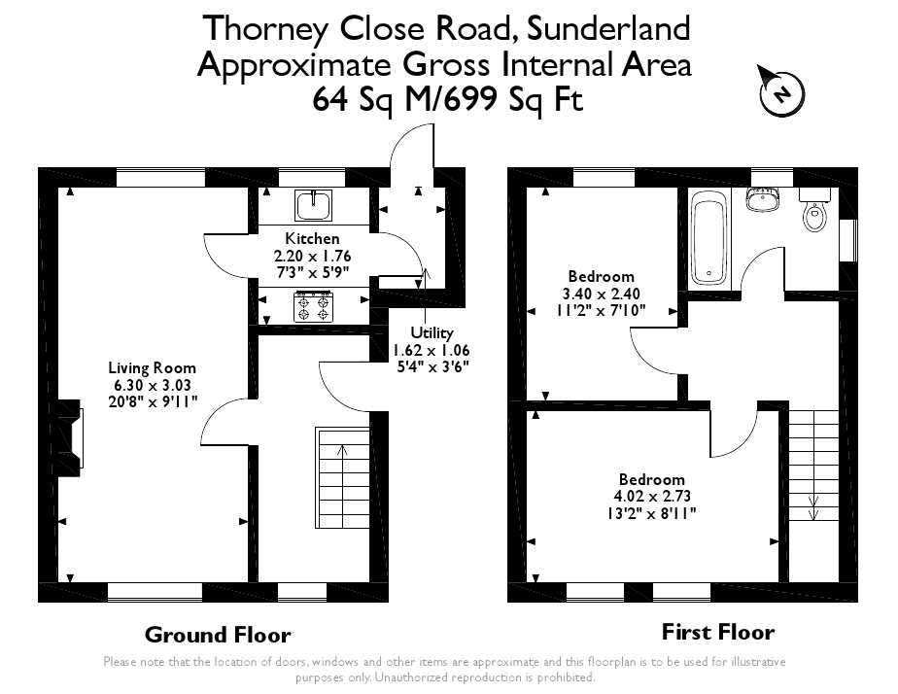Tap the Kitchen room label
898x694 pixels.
pyautogui.click(x=312, y=238)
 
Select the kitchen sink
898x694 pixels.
pyautogui.click(x=313, y=206)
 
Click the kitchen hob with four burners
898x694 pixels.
pyautogui.click(x=313, y=308)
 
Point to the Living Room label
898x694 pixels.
pyautogui.click(x=152, y=367)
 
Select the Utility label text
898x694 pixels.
pyautogui.click(x=432, y=332)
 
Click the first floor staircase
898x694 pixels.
pyautogui.click(x=812, y=467)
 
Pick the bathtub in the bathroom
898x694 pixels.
pyautogui.click(x=708, y=239)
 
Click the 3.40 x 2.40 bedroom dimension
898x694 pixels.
pyautogui.click(x=601, y=294)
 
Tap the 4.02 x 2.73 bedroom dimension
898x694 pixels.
pyautogui.click(x=651, y=496)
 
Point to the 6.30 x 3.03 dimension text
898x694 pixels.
pyautogui.click(x=152, y=384)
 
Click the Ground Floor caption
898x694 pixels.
pyautogui.click(x=217, y=635)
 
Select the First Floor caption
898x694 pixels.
pyautogui.click(x=717, y=632)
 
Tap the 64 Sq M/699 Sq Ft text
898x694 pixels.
pyautogui.click(x=448, y=99)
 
